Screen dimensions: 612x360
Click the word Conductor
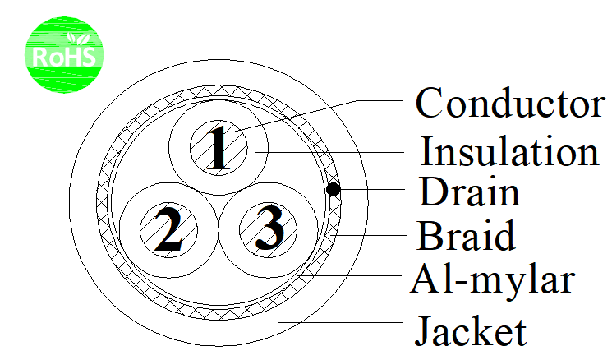point(510,102)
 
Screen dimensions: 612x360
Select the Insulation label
point(509,151)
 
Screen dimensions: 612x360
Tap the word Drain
point(469,192)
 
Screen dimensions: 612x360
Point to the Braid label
point(466,235)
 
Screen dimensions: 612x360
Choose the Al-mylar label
point(493,279)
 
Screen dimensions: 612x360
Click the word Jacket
point(471,331)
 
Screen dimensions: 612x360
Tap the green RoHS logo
point(64,55)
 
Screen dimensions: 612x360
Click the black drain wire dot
point(333,189)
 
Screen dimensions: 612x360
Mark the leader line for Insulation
point(329,152)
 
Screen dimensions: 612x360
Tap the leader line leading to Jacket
point(339,322)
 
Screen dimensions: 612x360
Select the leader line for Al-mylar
point(349,275)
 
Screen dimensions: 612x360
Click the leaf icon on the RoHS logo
point(78,39)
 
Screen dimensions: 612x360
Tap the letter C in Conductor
point(428,103)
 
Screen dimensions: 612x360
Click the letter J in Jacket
point(424,332)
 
